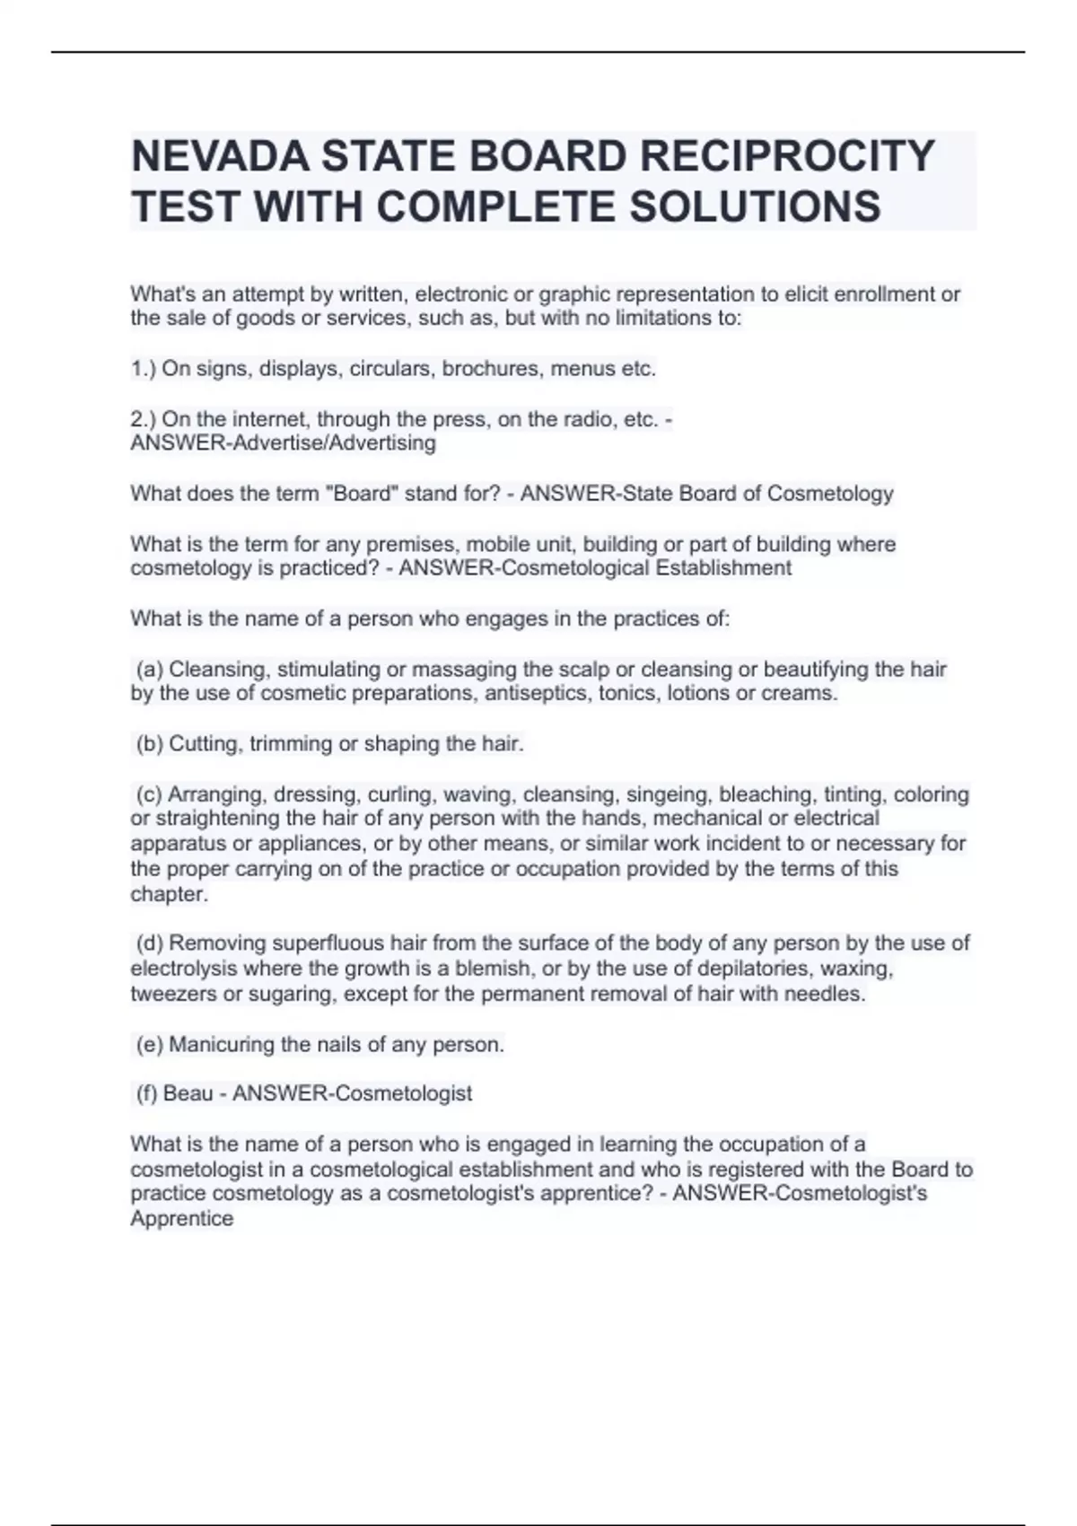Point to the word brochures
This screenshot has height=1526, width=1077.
[x=499, y=369]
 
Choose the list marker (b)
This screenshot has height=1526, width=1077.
[x=149, y=744]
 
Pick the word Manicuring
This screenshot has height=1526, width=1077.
[x=222, y=1045]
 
